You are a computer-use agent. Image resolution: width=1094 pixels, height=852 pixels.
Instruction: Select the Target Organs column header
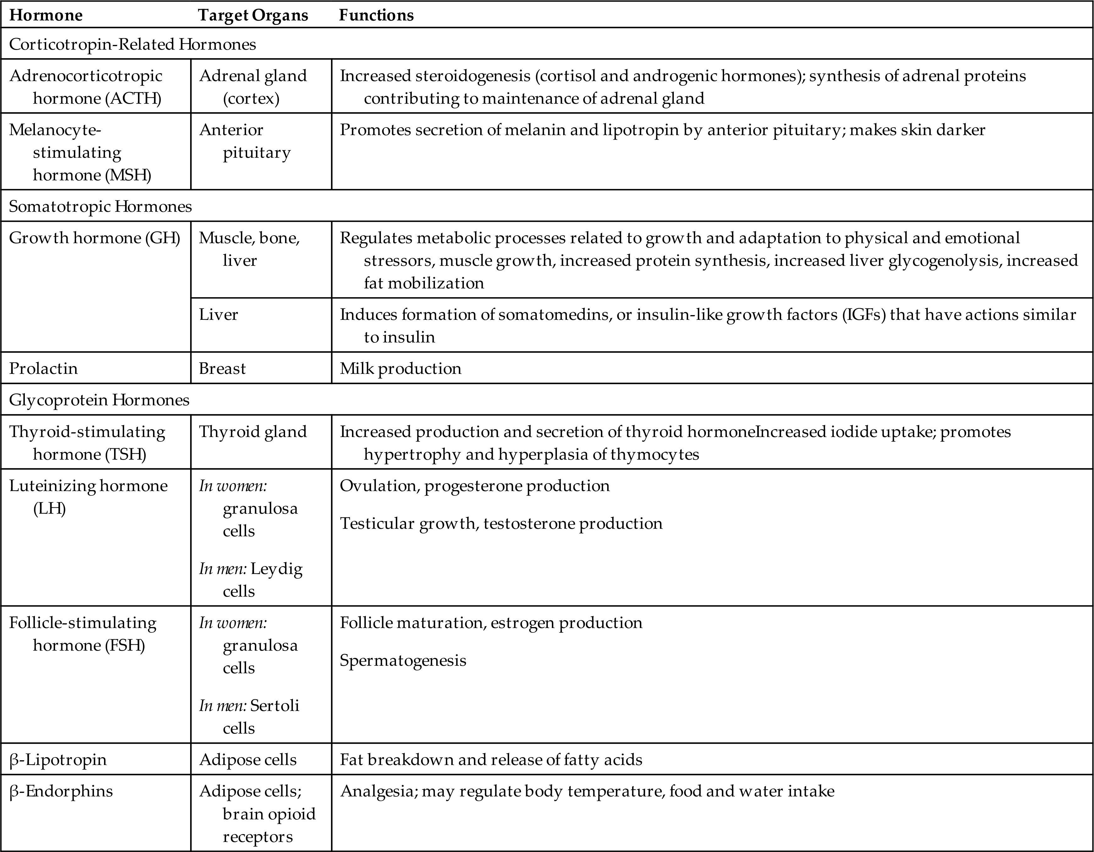point(253,15)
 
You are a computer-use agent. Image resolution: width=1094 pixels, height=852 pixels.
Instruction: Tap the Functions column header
point(376,15)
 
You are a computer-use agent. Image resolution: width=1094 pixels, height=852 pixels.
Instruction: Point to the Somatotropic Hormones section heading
point(100,206)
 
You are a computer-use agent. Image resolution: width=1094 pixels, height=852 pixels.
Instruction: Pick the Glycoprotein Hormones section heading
point(99,400)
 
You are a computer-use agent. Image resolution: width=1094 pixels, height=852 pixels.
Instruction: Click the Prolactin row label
point(44,369)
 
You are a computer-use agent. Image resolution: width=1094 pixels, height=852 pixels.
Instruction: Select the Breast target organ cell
point(223,369)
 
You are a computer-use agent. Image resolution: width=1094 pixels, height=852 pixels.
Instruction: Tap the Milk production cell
point(400,369)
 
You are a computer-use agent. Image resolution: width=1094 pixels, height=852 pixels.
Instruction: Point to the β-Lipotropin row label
point(58,759)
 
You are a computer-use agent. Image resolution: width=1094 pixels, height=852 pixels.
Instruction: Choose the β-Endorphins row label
point(61,791)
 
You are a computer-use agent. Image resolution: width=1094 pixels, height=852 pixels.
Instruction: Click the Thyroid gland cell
point(252,432)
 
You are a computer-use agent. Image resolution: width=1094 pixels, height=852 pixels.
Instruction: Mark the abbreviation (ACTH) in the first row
point(133,98)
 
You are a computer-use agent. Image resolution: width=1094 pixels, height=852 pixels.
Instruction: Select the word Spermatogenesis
point(403,660)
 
